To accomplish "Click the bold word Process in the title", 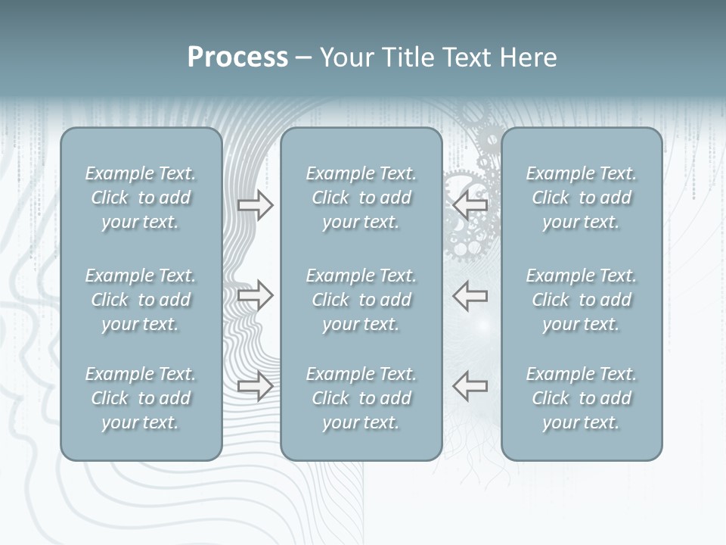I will [x=237, y=58].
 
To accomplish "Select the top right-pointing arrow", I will [x=255, y=205].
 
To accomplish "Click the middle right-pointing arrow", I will [x=255, y=295].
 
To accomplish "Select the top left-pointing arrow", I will [x=470, y=205].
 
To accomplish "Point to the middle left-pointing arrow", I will [x=470, y=295].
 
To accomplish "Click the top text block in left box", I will [x=141, y=198].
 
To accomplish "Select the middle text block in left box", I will [x=141, y=300].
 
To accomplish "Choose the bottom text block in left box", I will [x=141, y=398].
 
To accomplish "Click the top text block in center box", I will [x=361, y=198].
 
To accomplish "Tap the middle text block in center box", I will [x=361, y=300].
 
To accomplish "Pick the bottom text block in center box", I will [x=361, y=398].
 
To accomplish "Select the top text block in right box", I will [x=582, y=198].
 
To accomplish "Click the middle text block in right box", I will [x=582, y=300].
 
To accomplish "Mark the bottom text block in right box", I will [x=582, y=398].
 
